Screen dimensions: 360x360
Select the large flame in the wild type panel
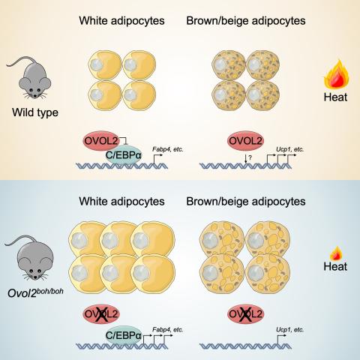point(336,74)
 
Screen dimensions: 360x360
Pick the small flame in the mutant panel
point(336,253)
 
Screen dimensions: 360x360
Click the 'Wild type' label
point(35,112)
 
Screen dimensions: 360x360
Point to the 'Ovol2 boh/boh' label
point(35,292)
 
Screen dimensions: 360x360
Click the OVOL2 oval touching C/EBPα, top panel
point(101,141)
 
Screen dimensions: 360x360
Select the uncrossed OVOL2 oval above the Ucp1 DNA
point(245,141)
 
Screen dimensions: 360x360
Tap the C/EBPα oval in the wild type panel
point(123,155)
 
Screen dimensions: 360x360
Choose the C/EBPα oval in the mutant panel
point(123,335)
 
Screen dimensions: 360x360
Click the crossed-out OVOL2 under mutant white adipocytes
point(101,314)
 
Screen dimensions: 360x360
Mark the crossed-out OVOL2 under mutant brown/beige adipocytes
point(245,314)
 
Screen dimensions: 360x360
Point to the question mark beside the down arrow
point(250,157)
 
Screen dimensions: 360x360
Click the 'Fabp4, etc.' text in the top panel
point(168,149)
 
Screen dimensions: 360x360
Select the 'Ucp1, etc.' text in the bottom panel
point(289,330)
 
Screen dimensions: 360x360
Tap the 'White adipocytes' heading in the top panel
point(121,21)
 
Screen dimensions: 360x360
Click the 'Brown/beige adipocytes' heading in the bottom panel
point(246,202)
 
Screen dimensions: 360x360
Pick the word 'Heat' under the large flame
point(335,97)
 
